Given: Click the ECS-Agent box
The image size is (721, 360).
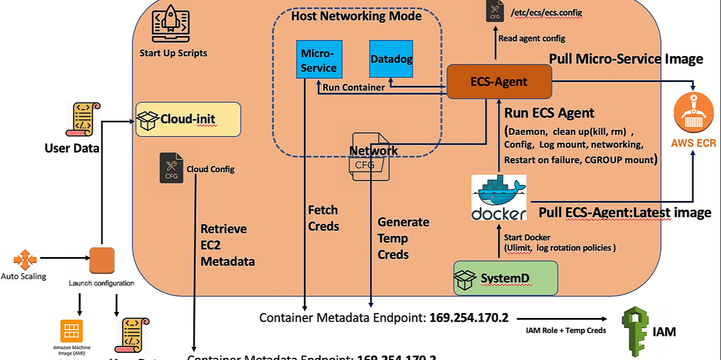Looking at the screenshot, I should (x=499, y=82).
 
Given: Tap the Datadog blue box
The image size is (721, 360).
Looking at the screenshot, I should (x=392, y=59).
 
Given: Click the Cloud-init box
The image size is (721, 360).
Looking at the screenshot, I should (x=188, y=119).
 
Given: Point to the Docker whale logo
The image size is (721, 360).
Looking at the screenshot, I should (x=499, y=197).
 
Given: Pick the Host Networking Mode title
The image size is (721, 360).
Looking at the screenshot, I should (x=356, y=16).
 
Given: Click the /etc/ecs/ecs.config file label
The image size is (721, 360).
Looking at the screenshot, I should (x=546, y=12).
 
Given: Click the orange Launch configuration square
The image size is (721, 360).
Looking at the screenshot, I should (x=102, y=261).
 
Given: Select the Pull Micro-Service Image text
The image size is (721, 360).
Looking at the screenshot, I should (x=626, y=59).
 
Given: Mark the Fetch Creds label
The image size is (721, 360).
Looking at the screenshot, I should (x=324, y=218).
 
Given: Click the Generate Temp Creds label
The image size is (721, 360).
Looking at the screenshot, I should (x=403, y=238).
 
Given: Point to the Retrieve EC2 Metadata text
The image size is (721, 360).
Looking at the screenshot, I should (x=227, y=245).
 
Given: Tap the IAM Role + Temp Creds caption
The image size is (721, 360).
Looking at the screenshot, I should (x=566, y=330).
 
